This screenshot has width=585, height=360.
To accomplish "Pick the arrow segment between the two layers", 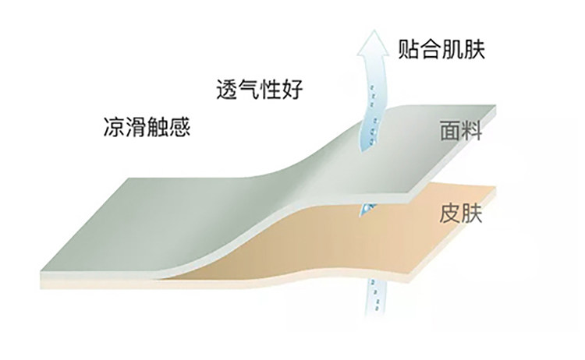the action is [x=369, y=208].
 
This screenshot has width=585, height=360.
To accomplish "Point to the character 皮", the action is [x=448, y=213].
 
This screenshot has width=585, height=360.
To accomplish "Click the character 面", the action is [x=448, y=131].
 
